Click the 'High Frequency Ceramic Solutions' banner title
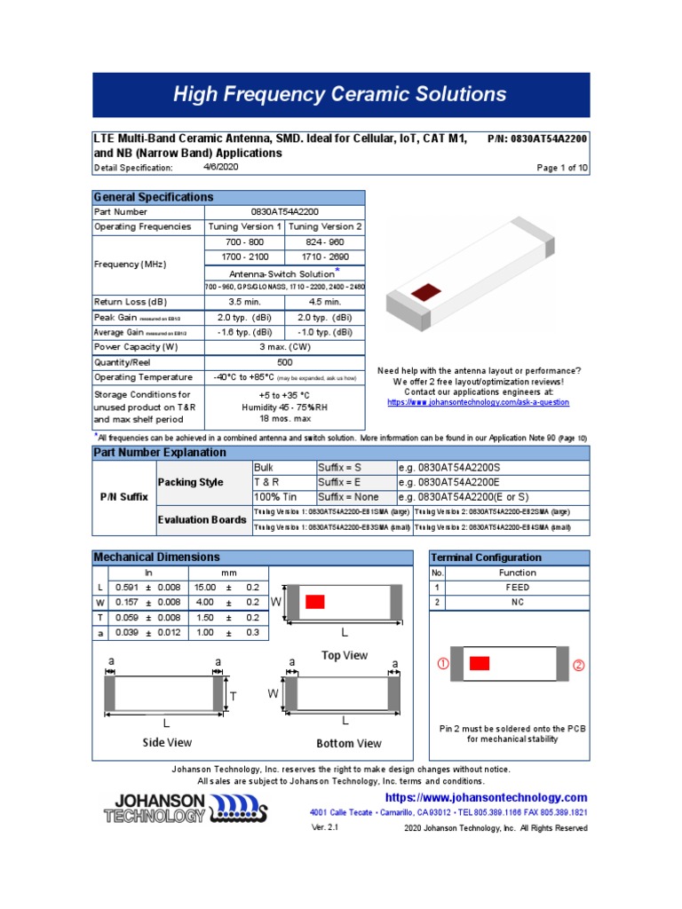click(x=339, y=94)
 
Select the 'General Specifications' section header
click(x=147, y=197)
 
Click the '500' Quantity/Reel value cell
click(x=284, y=362)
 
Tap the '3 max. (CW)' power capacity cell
click(x=284, y=347)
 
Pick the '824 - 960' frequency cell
click(x=323, y=241)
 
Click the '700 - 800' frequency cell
click(x=244, y=241)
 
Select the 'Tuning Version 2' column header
click(x=323, y=226)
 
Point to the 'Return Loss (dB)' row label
click(x=131, y=302)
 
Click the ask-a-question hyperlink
click(x=479, y=402)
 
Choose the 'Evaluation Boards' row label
click(x=202, y=519)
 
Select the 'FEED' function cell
click(x=517, y=588)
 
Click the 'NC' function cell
click(x=517, y=603)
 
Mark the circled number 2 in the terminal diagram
click(x=579, y=665)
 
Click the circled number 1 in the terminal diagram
click(x=442, y=664)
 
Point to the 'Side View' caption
click(x=167, y=742)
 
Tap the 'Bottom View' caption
click(x=349, y=743)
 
